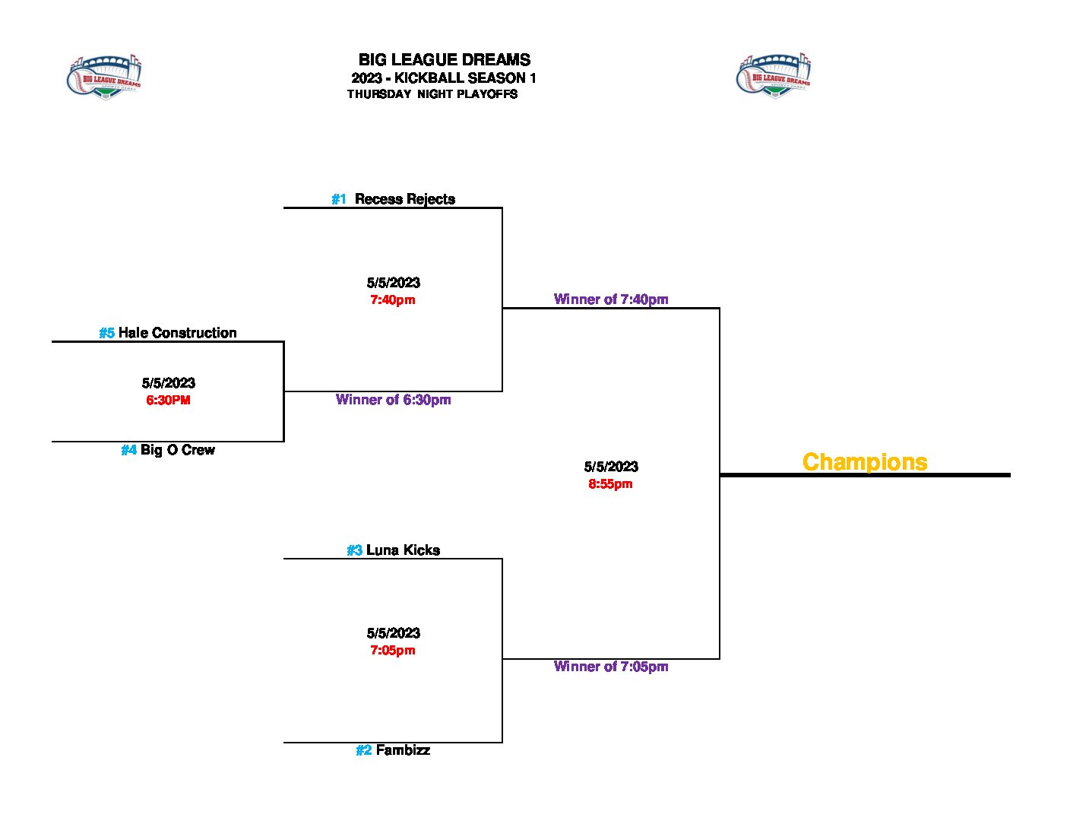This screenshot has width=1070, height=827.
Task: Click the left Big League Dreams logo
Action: click(104, 78)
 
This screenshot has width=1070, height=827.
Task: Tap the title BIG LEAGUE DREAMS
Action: click(445, 60)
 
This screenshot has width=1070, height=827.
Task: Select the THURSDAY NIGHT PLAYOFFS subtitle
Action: click(432, 94)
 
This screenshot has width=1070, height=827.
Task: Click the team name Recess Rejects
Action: click(405, 199)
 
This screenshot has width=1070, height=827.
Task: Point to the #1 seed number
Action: click(339, 199)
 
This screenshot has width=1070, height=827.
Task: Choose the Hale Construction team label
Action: click(178, 333)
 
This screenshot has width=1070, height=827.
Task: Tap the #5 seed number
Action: click(106, 333)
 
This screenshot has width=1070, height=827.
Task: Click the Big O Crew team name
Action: click(178, 450)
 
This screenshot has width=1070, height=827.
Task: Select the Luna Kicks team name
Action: click(403, 550)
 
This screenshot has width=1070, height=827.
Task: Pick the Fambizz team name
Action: click(403, 750)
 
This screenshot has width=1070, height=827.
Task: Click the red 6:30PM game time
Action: click(168, 400)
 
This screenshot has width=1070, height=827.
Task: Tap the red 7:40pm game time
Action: click(393, 299)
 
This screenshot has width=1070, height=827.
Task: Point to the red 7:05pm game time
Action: click(393, 650)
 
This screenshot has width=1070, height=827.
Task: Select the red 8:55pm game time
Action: click(610, 483)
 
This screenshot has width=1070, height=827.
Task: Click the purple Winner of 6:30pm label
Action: click(394, 400)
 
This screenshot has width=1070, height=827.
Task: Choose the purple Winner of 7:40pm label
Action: click(611, 299)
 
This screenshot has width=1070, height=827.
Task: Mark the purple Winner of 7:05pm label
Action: click(611, 667)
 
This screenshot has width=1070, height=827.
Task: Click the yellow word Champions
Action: click(865, 462)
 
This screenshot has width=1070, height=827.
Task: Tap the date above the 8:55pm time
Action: click(611, 467)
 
